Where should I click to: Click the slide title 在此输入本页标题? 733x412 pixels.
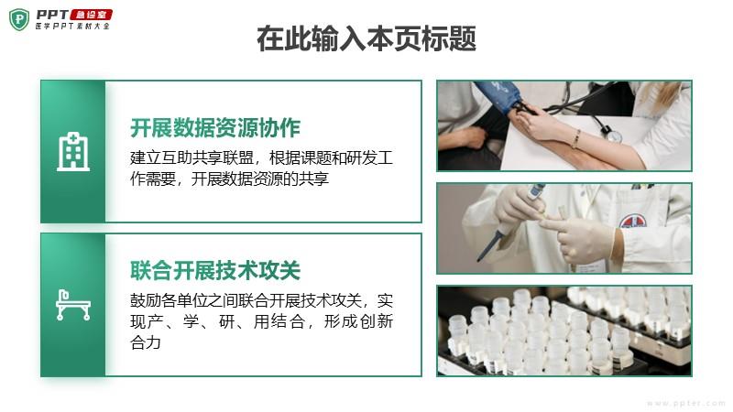click(366, 38)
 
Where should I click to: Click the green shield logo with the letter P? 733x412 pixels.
click(19, 19)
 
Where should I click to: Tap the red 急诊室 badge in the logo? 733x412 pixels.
click(91, 15)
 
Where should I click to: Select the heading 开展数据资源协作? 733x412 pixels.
click(215, 128)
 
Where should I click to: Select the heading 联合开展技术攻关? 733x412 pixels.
click(215, 270)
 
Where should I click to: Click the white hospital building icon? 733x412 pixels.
click(73, 151)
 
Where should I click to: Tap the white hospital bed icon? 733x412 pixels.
click(73, 305)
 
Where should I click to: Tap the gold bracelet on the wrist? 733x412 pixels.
click(576, 139)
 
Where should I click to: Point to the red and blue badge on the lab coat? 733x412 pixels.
click(633, 221)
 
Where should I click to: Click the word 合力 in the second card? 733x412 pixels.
click(146, 342)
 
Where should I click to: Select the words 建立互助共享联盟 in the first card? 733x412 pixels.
click(191, 157)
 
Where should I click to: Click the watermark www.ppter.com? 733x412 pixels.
click(685, 403)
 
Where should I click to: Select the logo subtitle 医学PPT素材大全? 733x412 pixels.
click(72, 27)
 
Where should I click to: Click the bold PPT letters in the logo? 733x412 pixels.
click(52, 15)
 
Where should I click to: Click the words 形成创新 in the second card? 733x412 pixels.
click(358, 321)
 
